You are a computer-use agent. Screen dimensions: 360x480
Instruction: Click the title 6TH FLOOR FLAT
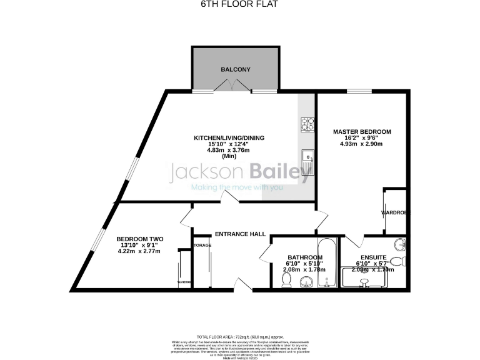point(240,4)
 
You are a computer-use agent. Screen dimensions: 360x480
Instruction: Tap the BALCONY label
point(235,69)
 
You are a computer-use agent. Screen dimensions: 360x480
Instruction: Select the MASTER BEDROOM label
point(361,132)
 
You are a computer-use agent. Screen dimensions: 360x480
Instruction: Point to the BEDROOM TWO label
point(139,239)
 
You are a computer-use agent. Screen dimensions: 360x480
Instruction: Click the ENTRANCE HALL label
point(240,234)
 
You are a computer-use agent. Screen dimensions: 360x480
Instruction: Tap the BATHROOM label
point(305,257)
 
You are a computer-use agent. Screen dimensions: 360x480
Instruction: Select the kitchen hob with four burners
point(307,124)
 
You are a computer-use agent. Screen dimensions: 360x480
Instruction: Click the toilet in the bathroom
point(286,282)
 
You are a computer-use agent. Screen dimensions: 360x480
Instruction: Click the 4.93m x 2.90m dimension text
point(361,144)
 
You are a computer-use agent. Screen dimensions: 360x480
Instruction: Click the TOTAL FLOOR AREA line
point(240,336)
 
